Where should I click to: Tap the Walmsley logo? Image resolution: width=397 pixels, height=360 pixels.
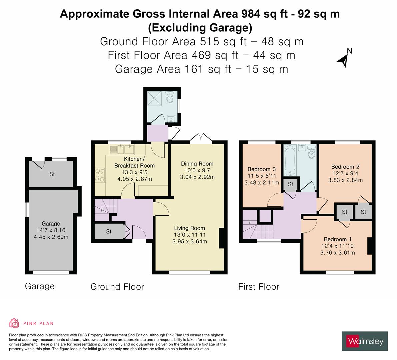[365, 341]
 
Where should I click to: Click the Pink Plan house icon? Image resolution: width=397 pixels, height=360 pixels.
[14, 323]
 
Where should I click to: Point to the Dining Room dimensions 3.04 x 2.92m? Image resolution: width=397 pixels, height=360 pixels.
[197, 177]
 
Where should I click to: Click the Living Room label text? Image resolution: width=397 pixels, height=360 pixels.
[189, 228]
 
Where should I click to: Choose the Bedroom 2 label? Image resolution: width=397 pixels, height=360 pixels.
[345, 167]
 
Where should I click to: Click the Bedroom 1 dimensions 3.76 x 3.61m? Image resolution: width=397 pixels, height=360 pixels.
[337, 252]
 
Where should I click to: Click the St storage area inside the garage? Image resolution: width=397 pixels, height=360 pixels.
[52, 174]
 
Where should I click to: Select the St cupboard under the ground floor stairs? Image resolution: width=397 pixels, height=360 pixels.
[109, 231]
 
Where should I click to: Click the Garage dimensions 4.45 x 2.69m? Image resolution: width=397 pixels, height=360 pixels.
[51, 237]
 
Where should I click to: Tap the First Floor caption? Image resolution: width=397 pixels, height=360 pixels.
[259, 287]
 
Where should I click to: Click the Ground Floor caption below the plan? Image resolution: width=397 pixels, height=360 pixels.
[117, 287]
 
